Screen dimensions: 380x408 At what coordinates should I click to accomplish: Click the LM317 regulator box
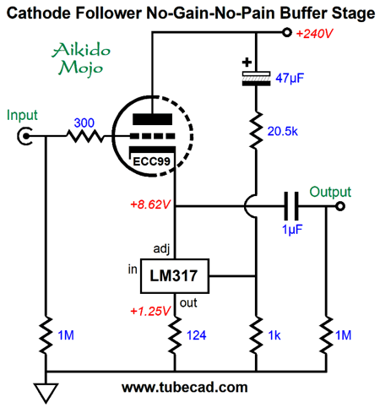(175, 276)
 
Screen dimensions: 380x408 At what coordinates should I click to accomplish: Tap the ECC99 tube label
(151, 161)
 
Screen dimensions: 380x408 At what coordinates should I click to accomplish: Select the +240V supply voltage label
(314, 34)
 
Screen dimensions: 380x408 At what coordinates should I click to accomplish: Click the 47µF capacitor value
(290, 78)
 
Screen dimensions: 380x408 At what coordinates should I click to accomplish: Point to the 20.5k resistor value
(282, 131)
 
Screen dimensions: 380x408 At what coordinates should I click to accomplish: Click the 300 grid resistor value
(84, 122)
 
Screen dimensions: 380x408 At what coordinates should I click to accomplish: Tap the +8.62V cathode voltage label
(150, 204)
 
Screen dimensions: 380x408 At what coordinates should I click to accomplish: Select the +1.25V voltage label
(150, 311)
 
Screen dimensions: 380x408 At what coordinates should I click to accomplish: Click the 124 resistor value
(197, 335)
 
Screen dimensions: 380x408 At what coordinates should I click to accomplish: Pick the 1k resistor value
(274, 335)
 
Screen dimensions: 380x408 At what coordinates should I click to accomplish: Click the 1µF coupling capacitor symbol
(291, 206)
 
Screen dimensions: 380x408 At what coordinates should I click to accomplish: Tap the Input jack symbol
(24, 136)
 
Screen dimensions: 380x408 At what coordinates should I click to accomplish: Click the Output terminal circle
(340, 206)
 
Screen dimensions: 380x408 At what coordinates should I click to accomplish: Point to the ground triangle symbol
(46, 392)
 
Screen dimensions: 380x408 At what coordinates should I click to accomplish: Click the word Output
(330, 193)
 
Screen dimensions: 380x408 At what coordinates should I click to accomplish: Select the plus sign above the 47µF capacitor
(247, 63)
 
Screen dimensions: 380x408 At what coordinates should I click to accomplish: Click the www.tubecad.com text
(185, 388)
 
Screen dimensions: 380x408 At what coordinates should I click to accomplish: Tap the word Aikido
(81, 50)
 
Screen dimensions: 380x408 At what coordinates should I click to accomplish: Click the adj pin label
(161, 249)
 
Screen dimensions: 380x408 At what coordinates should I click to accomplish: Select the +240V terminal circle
(287, 33)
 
